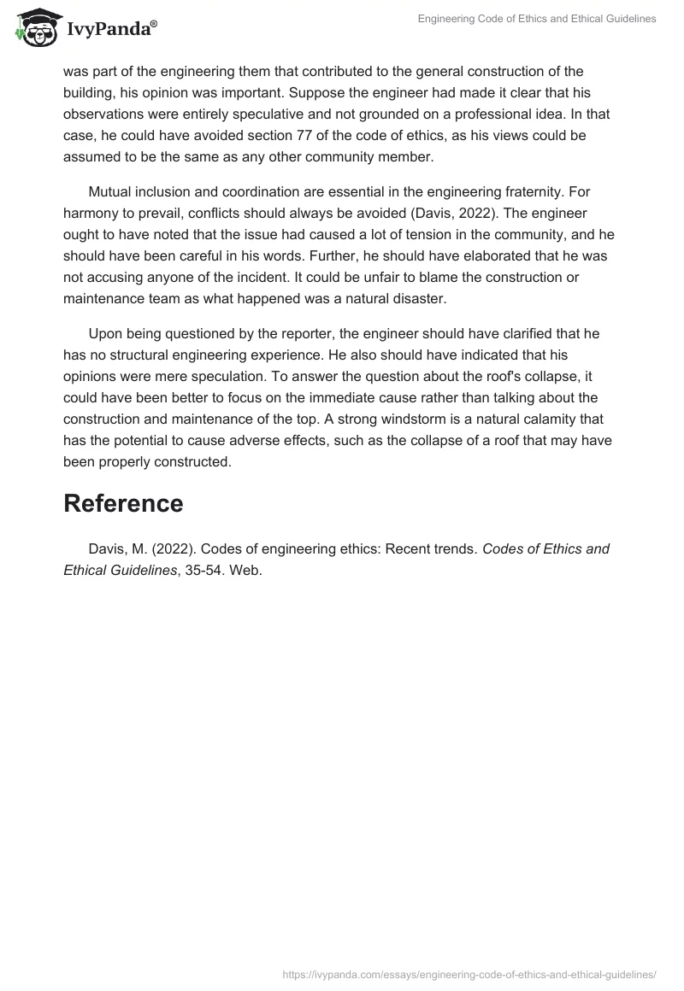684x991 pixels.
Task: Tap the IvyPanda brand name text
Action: (x=111, y=30)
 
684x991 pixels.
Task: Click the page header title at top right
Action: (x=536, y=19)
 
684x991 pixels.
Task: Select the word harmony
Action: (x=91, y=212)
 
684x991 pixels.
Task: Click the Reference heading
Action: (x=123, y=503)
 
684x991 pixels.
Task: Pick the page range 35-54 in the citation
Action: (x=210, y=571)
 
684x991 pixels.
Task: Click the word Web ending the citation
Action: (x=248, y=571)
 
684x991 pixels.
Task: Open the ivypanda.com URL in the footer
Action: (x=469, y=973)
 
